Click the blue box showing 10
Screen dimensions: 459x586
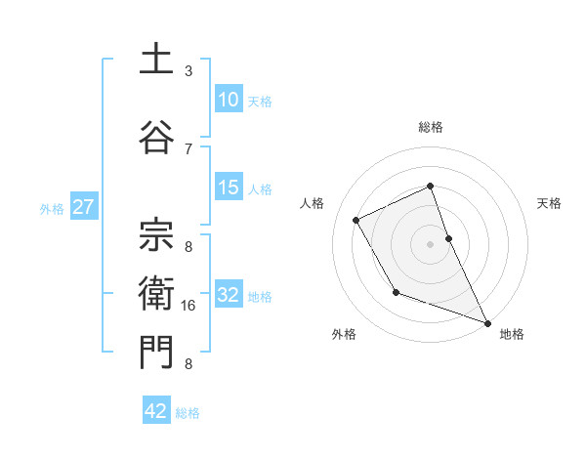pyautogui.click(x=229, y=100)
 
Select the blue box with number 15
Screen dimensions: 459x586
pyautogui.click(x=229, y=188)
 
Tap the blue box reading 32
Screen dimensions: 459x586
pyautogui.click(x=229, y=295)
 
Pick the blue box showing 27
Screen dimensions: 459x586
pyautogui.click(x=83, y=207)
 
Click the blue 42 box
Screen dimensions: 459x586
pyautogui.click(x=156, y=411)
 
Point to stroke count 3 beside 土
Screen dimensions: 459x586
pyautogui.click(x=188, y=71)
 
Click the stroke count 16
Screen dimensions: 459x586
pyautogui.click(x=188, y=306)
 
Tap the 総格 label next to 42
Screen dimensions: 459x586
pyautogui.click(x=188, y=413)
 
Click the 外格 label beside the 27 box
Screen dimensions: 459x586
pyautogui.click(x=52, y=208)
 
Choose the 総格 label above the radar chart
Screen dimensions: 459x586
pyautogui.click(x=430, y=127)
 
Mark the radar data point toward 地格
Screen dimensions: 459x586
pyautogui.click(x=487, y=321)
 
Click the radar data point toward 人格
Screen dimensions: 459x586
pyautogui.click(x=356, y=220)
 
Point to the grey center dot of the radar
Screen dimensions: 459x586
pyautogui.click(x=430, y=243)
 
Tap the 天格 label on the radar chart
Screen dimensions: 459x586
pyautogui.click(x=549, y=203)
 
